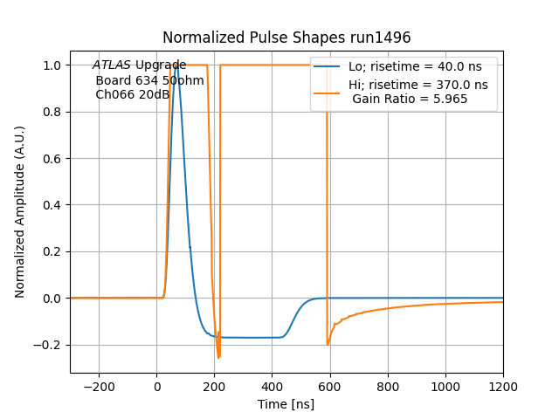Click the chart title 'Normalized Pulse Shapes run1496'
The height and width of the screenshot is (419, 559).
[286, 38]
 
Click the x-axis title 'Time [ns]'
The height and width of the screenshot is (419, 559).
[286, 404]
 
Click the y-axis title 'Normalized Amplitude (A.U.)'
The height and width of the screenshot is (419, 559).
[20, 212]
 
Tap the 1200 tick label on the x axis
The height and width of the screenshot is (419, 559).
[503, 386]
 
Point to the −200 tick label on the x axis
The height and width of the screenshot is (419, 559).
[99, 386]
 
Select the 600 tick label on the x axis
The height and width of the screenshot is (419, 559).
[330, 386]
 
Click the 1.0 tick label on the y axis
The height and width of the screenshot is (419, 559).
[52, 65]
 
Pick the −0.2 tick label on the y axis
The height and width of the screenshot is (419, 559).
[48, 345]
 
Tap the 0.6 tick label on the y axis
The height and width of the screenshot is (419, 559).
[52, 159]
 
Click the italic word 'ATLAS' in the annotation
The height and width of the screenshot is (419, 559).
[112, 65]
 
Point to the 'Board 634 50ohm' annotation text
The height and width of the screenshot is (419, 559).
[149, 80]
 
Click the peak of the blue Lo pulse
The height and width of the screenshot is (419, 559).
[176, 65]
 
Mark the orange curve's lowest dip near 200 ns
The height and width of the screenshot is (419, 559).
[218, 357]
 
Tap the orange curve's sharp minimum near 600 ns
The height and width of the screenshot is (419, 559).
[328, 344]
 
